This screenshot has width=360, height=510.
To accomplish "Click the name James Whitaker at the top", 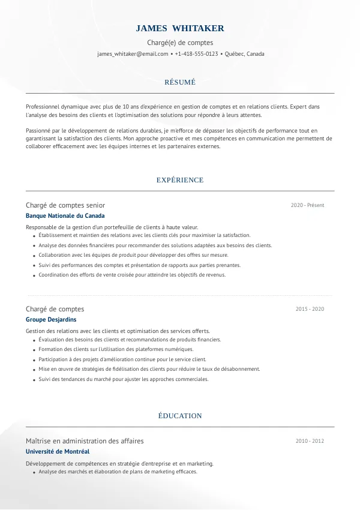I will tap(180, 28).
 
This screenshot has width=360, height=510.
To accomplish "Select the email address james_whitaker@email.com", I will tap(133, 54).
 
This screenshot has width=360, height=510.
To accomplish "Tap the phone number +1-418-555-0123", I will tap(197, 54).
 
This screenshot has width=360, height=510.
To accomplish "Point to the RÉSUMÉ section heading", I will tap(180, 82).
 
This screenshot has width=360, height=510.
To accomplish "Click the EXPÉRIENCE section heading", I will tap(180, 180).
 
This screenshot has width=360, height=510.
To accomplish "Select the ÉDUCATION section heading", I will tap(180, 416).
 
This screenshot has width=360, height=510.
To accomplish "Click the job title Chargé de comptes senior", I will tap(65, 205).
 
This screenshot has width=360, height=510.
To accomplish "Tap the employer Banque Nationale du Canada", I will tap(65, 215).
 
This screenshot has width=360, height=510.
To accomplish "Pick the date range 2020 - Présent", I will tap(307, 205).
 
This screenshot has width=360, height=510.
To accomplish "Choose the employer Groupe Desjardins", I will tap(51, 320).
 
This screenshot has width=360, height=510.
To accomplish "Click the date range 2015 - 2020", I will tap(310, 309).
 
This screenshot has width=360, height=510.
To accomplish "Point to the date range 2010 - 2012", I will tap(310, 441).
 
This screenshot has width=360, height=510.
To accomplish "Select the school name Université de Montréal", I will tap(58, 451).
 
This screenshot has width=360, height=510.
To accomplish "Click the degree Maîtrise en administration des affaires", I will tap(85, 441).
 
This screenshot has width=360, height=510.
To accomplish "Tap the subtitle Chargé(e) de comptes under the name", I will tap(180, 43).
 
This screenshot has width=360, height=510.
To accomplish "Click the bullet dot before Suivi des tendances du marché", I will tap(32, 380).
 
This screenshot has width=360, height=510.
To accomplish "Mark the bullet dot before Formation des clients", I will tap(32, 350).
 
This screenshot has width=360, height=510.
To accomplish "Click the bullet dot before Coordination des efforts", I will tap(32, 275).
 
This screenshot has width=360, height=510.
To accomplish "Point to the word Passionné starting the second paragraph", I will tap(38, 130).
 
